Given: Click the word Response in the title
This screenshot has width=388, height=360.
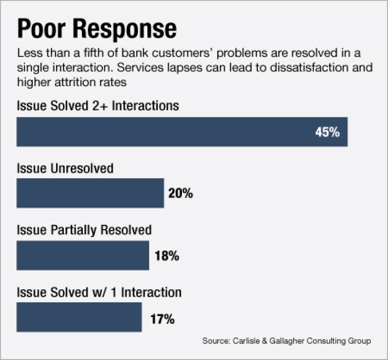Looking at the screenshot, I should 126,30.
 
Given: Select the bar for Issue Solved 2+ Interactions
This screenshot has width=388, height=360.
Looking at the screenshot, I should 182,132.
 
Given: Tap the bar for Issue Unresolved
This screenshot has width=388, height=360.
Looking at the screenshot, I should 90,193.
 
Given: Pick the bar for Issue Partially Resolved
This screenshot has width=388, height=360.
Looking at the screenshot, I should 83,255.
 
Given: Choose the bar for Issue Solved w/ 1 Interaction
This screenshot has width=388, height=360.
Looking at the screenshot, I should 79,317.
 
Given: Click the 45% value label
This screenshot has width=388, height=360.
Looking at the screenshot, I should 327,132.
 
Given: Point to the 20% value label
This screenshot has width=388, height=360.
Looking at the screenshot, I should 180,194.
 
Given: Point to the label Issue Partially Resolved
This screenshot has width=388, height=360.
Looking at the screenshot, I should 84,230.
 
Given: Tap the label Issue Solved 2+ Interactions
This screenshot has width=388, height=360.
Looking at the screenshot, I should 98,106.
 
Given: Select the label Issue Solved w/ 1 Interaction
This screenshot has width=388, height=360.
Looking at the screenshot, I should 100,292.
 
